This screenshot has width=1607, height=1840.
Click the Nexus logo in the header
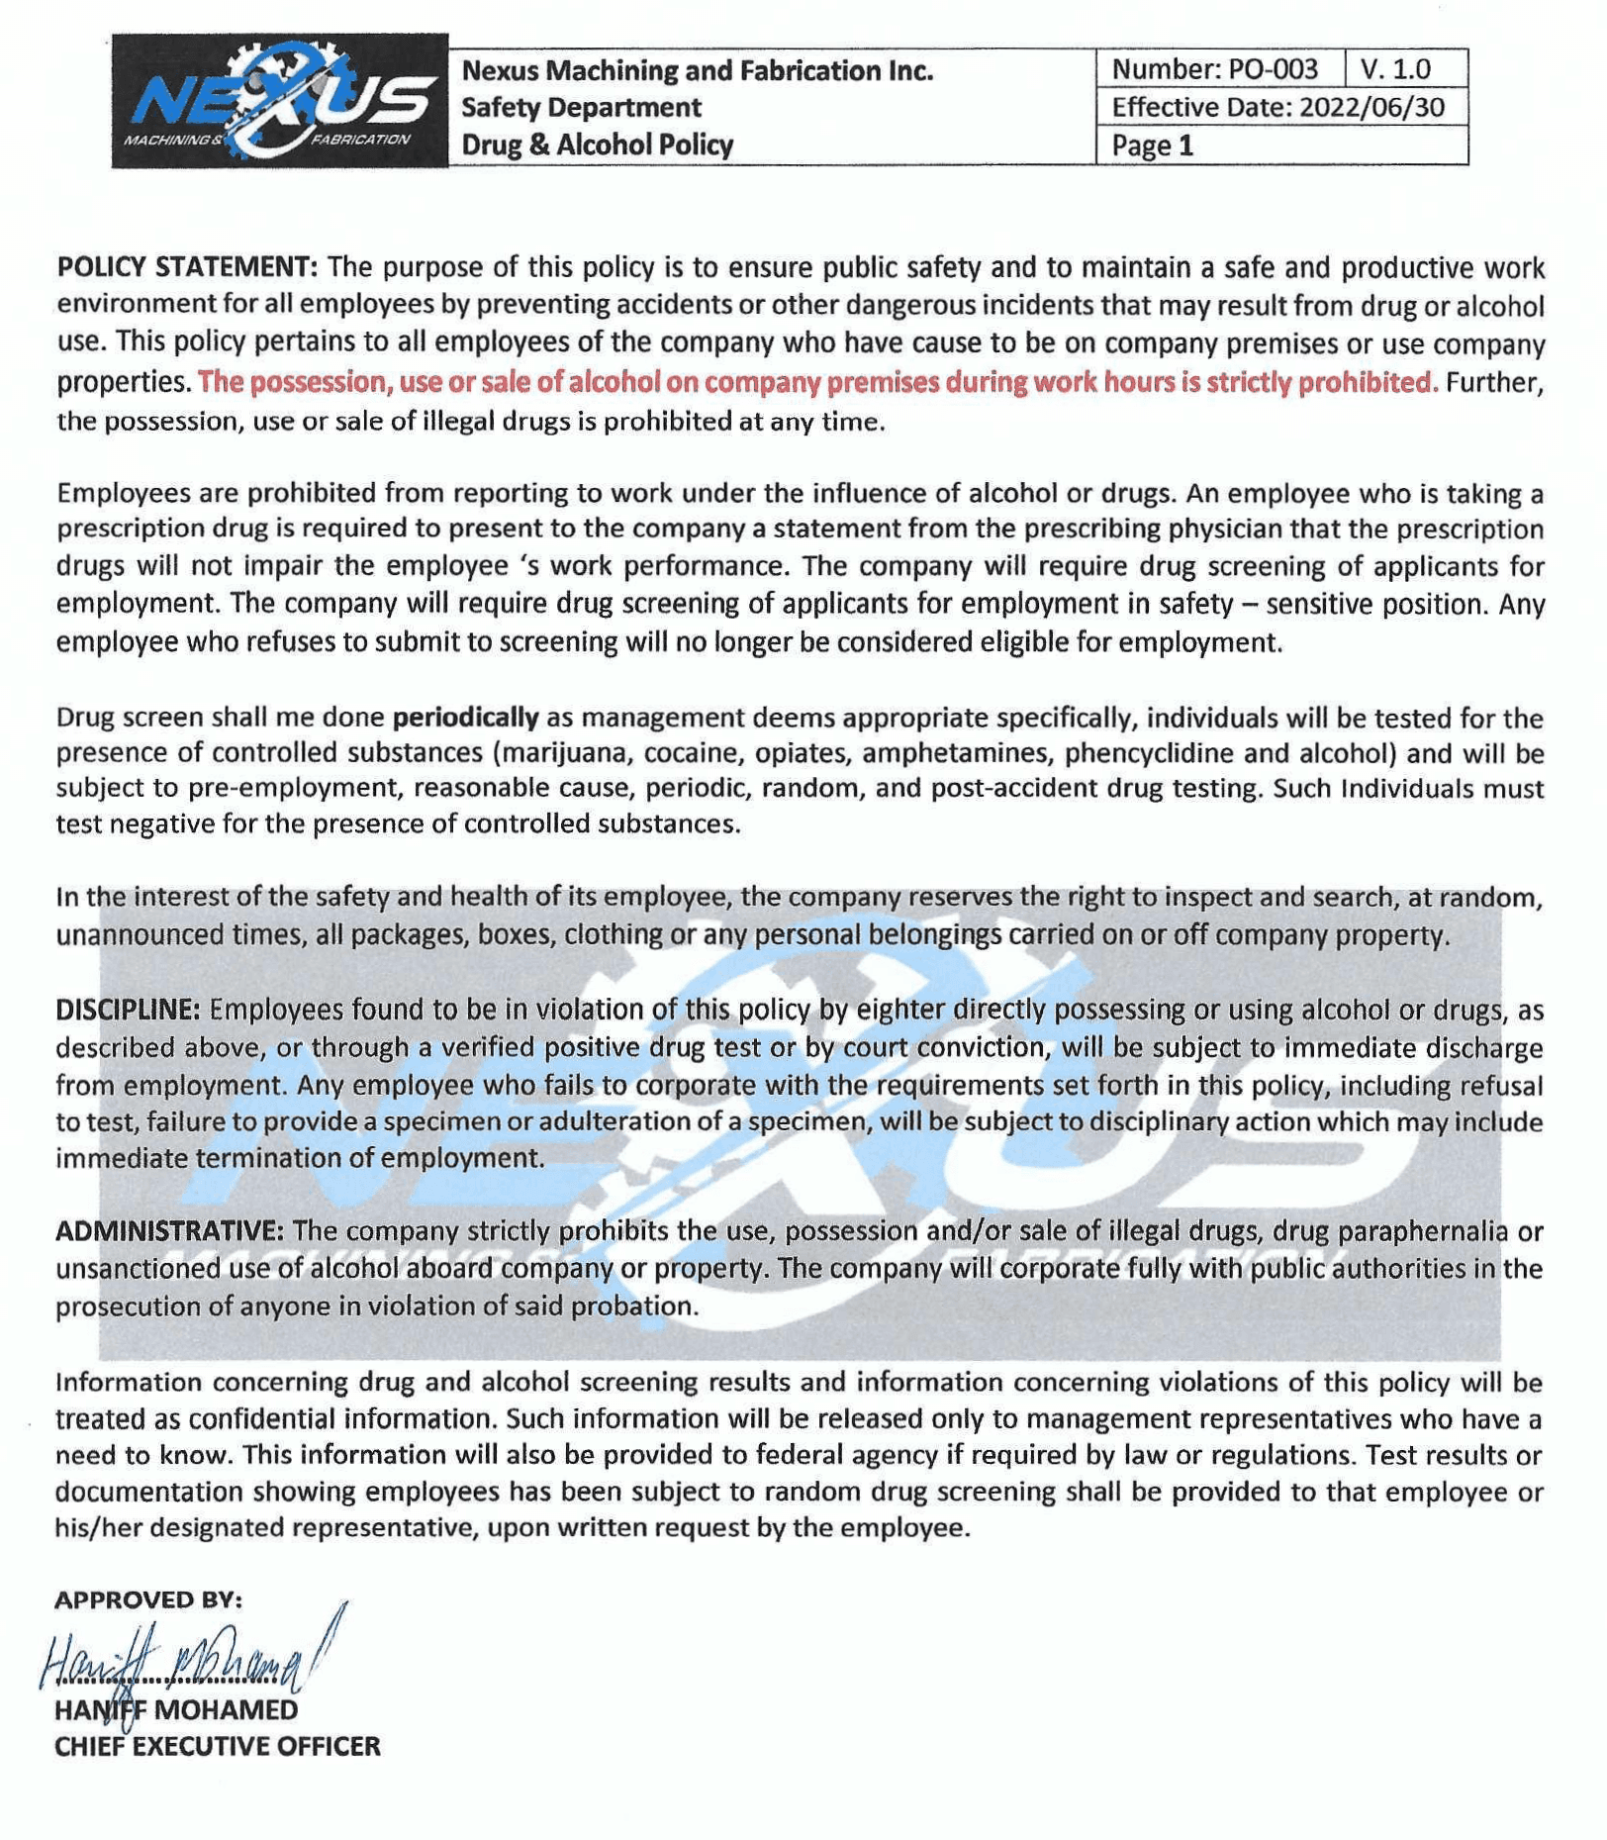pos(279,101)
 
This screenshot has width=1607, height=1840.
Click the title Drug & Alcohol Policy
pos(597,145)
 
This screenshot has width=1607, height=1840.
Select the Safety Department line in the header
pos(581,107)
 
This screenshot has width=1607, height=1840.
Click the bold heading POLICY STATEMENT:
pos(187,267)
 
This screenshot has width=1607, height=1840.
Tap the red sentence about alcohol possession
pos(815,382)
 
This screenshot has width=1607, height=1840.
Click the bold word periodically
pos(465,717)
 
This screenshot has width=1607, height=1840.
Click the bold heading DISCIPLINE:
pos(128,1010)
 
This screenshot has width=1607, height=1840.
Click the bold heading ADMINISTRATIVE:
pos(169,1231)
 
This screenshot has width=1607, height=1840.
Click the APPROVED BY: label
pos(148,1599)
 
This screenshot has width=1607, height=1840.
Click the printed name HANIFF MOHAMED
pos(176,1709)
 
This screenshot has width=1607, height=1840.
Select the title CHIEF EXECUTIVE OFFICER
pos(217,1746)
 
